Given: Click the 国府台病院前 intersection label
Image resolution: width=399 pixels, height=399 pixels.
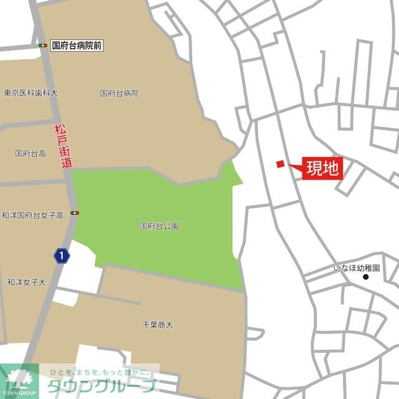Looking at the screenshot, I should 76,46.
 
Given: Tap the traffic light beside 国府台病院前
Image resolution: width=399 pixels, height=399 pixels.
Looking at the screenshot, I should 43,46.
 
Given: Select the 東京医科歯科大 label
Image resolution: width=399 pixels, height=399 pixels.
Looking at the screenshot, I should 30,93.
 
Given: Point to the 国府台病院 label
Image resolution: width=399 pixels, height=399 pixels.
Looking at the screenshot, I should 120,94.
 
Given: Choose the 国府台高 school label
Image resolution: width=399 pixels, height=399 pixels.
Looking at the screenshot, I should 31,153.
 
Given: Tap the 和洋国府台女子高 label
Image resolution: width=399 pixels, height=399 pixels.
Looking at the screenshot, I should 32,215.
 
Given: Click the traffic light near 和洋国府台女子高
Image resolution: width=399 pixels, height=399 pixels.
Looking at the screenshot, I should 75,213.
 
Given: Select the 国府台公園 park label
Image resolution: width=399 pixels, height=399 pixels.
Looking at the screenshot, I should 160,226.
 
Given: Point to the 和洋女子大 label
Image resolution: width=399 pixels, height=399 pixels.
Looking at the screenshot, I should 27,282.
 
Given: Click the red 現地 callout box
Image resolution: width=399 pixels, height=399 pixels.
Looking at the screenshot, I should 323,168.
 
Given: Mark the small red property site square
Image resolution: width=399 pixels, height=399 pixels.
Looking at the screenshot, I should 281,164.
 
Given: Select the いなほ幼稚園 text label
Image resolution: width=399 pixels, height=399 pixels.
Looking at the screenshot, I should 356,267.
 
